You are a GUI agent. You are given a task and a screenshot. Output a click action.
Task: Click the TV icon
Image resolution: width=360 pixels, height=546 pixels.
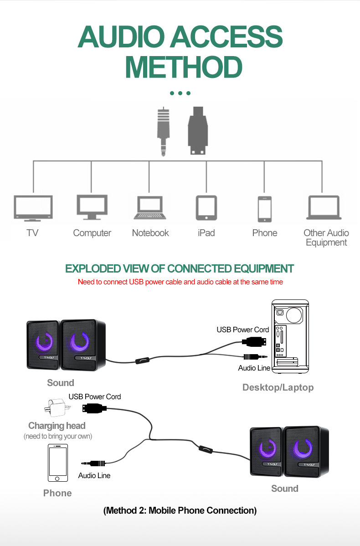click(33, 208)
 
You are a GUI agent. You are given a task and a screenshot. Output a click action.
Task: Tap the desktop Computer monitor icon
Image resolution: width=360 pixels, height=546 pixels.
click(92, 207)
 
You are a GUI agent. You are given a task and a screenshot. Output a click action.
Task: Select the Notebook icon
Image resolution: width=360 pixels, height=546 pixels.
click(149, 208)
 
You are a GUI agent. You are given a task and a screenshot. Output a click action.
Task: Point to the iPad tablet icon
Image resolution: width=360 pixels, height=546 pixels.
click(206, 208)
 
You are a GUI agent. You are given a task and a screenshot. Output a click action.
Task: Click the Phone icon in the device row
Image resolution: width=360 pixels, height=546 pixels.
click(264, 209)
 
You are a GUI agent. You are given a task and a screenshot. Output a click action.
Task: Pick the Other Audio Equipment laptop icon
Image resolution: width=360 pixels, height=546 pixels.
click(324, 208)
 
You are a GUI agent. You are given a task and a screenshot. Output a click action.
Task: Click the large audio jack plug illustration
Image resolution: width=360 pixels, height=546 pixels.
click(163, 132)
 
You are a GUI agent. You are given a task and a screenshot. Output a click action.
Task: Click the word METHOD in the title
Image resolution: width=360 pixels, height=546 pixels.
click(183, 67)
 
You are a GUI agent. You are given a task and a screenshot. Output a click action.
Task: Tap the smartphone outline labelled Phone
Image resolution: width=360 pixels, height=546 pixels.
click(57, 463)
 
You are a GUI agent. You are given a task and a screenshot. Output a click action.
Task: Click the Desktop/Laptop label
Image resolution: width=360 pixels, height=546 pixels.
click(278, 387)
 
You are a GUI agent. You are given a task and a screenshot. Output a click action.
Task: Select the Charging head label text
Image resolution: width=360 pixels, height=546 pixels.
click(57, 426)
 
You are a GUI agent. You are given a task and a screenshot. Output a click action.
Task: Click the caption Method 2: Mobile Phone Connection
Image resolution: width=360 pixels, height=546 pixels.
click(180, 510)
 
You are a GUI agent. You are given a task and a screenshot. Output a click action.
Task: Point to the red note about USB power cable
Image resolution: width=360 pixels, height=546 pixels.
click(180, 282)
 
